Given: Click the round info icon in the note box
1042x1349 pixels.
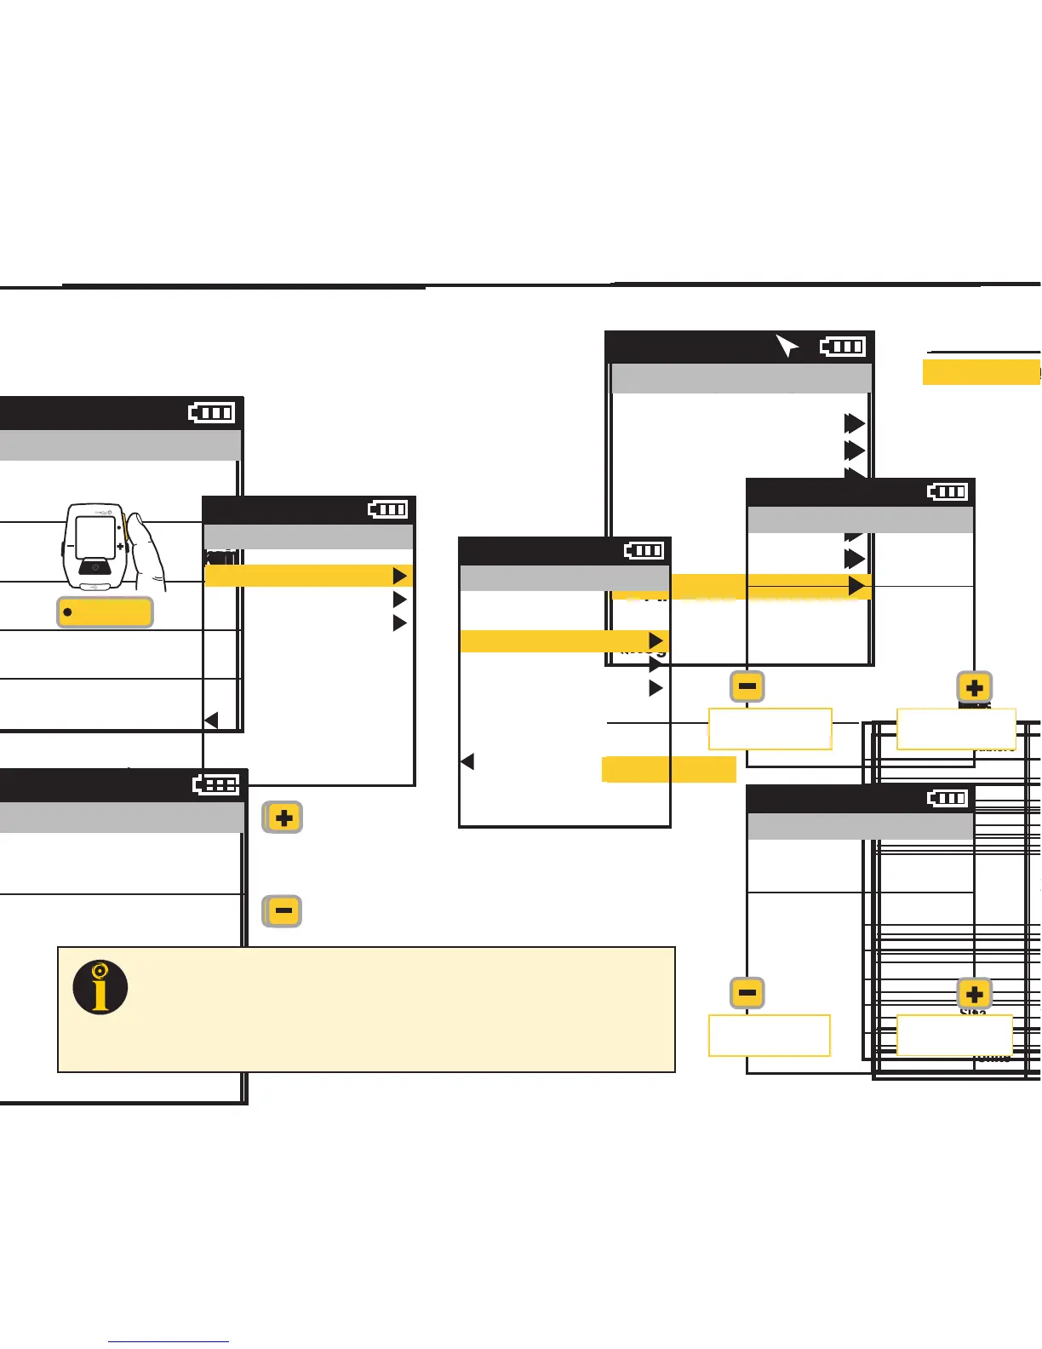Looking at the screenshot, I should [x=100, y=988].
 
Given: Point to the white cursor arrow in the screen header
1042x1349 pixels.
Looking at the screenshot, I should [x=787, y=346].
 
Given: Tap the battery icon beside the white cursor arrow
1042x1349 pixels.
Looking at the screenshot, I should [x=843, y=346].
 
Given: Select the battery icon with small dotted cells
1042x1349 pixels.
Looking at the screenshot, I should [x=216, y=784].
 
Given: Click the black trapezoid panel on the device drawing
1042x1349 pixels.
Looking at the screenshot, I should [x=95, y=567].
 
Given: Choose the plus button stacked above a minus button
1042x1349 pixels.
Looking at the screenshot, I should [x=283, y=818].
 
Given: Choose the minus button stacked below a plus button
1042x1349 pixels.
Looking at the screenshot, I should [x=283, y=911].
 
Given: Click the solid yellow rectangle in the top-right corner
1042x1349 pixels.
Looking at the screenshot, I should [x=981, y=372].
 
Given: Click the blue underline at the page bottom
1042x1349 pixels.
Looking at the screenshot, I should [x=169, y=1341].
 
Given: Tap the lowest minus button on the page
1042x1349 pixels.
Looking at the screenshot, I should [x=747, y=992].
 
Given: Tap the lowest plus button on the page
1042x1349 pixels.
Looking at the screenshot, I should [x=975, y=993].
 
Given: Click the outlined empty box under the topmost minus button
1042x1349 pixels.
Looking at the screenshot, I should [x=770, y=729].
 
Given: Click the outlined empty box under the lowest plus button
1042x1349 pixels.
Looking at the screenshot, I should [x=954, y=1036].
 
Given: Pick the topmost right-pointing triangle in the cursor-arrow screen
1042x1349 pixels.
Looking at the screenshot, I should [x=854, y=423].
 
